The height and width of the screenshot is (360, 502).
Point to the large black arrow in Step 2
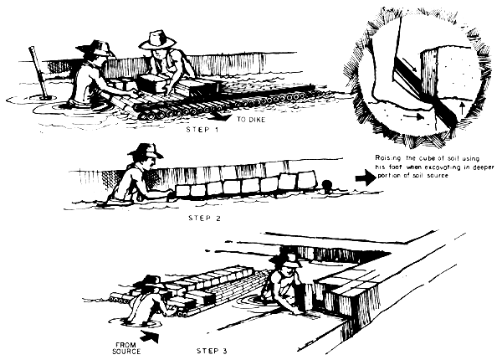point(366,177)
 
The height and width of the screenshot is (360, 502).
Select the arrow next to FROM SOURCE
point(150,336)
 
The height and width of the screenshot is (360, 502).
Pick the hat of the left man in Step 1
point(93,49)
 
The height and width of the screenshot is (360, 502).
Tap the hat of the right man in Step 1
point(156,39)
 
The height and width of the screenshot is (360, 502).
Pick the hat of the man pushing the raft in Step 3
point(151,280)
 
